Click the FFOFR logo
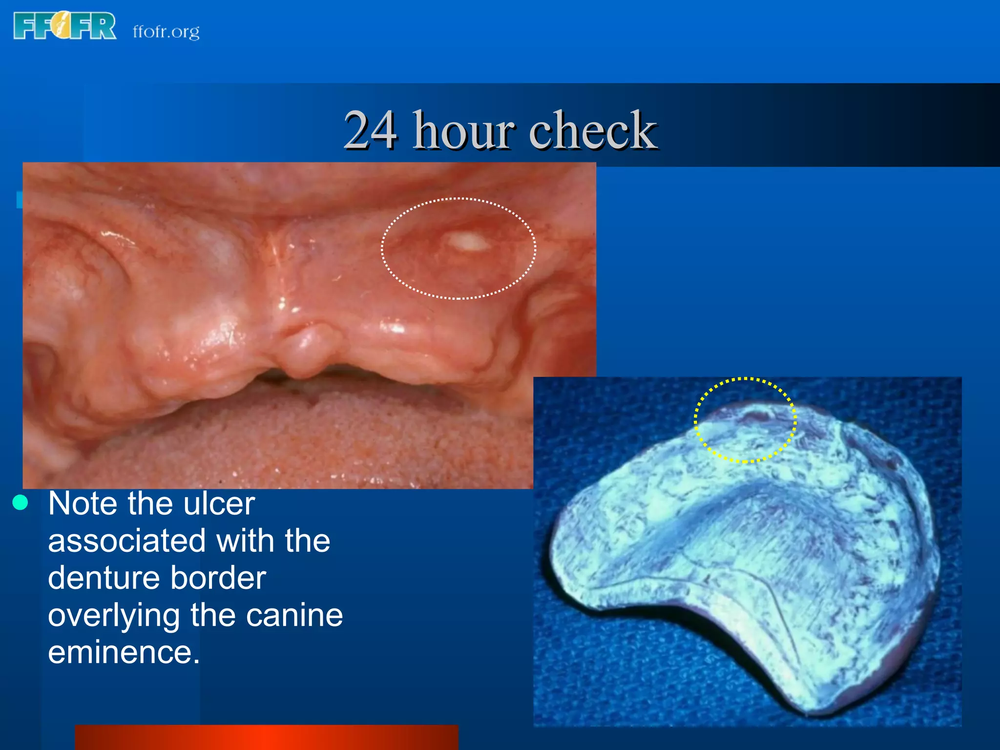point(64,26)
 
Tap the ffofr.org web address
point(166,32)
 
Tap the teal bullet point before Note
point(21,502)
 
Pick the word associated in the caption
point(127,541)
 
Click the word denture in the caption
point(104,578)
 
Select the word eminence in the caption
point(124,653)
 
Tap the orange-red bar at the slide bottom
point(266,737)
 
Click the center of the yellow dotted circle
point(745,420)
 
